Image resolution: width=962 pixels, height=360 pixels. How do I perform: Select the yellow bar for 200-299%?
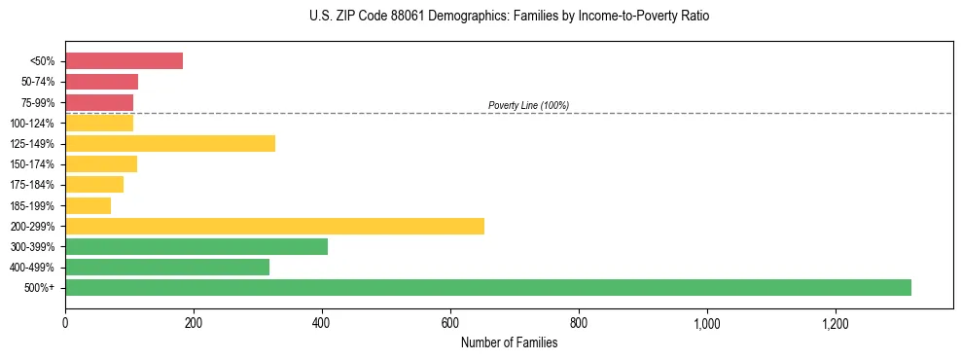tap(274, 226)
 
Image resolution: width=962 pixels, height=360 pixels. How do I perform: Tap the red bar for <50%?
tap(124, 61)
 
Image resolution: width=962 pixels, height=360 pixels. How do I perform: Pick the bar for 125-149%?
tap(170, 143)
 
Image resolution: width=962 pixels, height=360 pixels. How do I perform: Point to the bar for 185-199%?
tap(88, 205)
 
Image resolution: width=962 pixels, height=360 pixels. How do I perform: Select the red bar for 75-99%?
tap(99, 102)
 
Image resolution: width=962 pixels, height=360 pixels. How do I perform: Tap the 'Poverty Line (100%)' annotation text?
tap(528, 105)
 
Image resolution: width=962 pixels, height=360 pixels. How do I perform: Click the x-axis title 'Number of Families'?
tap(509, 342)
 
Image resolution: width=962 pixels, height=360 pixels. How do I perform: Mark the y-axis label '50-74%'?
tap(39, 82)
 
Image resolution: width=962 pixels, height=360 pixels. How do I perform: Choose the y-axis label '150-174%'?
tap(33, 164)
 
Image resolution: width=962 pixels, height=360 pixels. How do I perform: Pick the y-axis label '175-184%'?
tap(33, 185)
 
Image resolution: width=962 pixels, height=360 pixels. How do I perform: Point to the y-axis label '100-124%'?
tap(33, 124)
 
